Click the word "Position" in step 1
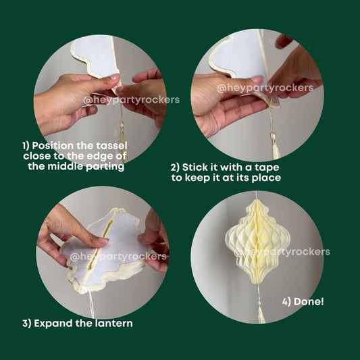[53, 146]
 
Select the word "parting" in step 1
[105, 166]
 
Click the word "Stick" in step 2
[195, 167]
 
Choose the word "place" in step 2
[266, 178]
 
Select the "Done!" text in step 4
[309, 301]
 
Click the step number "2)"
[175, 168]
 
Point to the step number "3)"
[27, 324]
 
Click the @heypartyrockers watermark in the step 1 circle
[131, 100]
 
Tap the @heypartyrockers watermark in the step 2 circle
[265, 88]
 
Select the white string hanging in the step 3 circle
[91, 303]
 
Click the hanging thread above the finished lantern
[256, 195]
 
